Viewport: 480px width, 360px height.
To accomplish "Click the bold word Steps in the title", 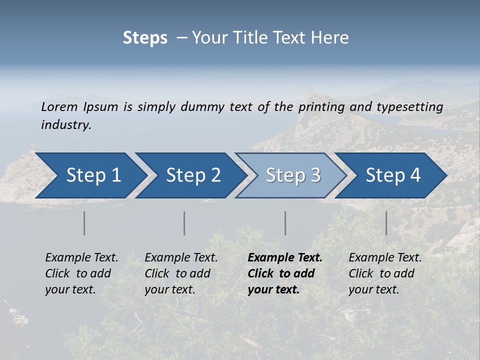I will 145,38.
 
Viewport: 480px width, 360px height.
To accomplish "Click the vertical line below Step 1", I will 84,223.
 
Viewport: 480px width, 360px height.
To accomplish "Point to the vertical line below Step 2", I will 184,223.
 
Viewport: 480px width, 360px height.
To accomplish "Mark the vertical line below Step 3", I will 285,223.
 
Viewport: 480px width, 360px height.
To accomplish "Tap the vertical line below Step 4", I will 386,223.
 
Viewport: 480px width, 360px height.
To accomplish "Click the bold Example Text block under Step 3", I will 285,273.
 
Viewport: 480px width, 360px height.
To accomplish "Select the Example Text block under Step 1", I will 81,273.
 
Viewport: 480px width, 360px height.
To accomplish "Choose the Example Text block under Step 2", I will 181,273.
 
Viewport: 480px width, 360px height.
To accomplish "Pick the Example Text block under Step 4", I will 385,273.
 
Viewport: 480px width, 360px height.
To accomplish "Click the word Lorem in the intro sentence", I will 59,107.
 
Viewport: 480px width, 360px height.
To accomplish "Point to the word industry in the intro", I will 66,125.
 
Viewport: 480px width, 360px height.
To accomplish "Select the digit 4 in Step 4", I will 415,175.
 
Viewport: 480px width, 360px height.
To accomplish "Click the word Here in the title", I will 332,38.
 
